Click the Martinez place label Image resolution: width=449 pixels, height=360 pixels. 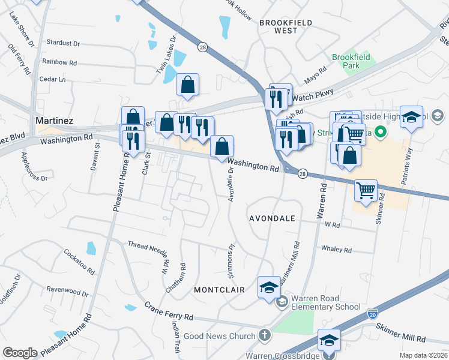[55, 121]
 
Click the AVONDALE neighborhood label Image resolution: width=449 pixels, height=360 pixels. [272, 219]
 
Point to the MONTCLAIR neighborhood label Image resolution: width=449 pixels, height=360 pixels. [218, 289]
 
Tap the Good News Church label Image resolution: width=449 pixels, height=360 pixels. [220, 336]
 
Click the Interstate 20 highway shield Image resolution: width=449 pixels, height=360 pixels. [372, 313]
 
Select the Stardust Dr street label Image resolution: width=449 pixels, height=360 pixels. [63, 44]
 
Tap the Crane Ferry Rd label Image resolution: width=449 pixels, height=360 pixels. [168, 311]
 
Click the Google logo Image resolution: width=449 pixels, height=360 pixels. [20, 353]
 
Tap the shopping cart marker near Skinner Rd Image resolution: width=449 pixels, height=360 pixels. [366, 191]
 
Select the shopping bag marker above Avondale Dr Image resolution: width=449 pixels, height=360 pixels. [221, 146]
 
